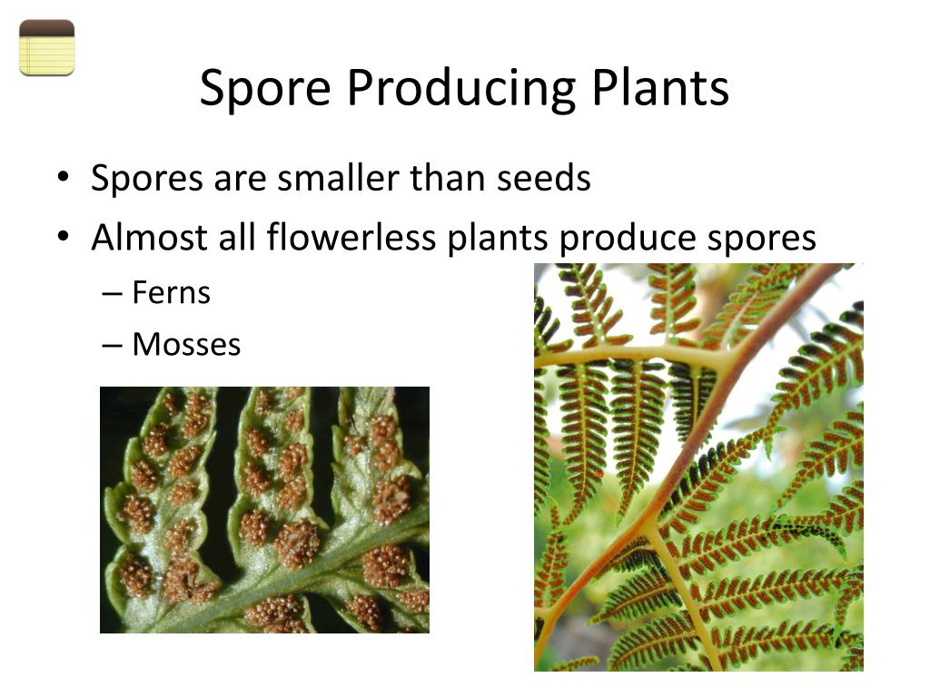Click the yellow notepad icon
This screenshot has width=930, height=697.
[x=46, y=47]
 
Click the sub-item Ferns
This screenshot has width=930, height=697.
[x=171, y=293]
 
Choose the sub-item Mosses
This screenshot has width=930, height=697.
[x=186, y=345]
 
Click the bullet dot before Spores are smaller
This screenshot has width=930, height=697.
[x=62, y=179]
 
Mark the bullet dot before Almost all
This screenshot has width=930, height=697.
[x=62, y=239]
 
